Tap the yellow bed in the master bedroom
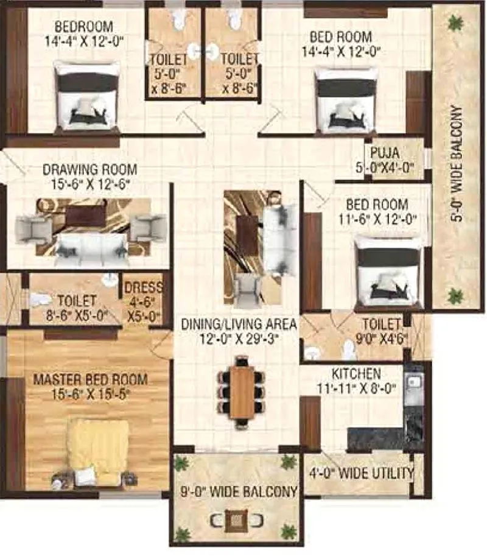[97, 451]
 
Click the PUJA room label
[385, 149]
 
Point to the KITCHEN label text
[357, 373]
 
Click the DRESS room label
[143, 289]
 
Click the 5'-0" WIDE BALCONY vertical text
[457, 165]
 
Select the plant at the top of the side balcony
[454, 23]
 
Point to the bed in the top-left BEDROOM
[87, 97]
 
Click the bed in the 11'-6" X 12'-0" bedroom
[388, 271]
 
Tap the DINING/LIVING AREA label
[238, 325]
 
